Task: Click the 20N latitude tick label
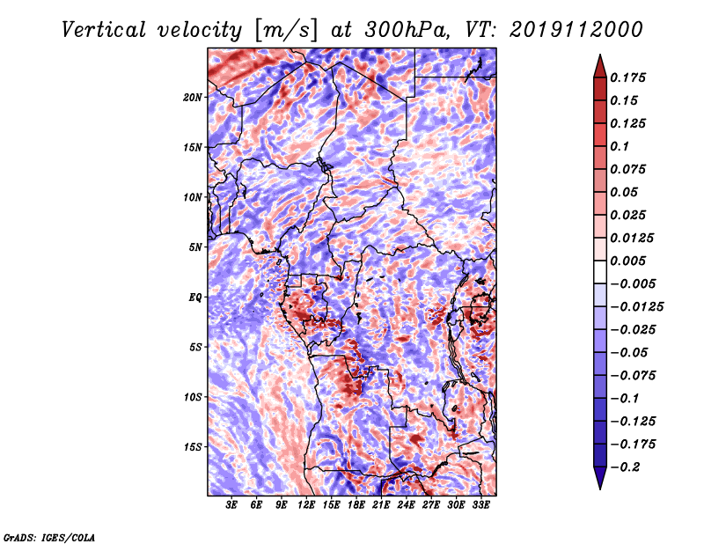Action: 193,98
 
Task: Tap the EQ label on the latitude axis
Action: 195,298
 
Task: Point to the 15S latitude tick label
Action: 193,447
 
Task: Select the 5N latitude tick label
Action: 195,247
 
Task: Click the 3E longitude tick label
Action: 231,505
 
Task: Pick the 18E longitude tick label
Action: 356,505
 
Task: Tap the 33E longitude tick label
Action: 480,505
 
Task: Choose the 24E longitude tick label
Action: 406,505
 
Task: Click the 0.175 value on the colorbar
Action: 627,77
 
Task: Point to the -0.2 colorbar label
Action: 625,467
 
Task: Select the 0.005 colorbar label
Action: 627,261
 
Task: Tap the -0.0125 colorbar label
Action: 636,307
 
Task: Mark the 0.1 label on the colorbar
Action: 620,146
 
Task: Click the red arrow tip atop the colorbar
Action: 600,55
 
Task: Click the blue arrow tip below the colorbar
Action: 600,489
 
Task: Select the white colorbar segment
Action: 600,272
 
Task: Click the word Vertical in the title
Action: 104,30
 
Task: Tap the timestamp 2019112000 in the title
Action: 576,30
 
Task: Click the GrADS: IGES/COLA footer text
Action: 49,537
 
